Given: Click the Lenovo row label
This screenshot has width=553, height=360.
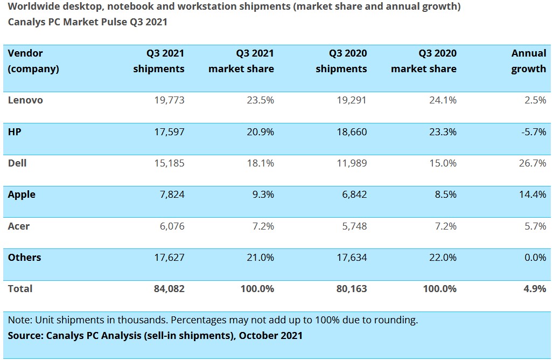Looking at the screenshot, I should (25, 100).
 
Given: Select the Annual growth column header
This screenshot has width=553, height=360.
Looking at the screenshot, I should (528, 61).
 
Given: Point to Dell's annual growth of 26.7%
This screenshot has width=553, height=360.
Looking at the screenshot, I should (532, 163).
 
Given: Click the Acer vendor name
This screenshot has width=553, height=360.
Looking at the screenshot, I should (19, 226).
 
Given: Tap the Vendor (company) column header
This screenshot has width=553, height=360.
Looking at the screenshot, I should (33, 61).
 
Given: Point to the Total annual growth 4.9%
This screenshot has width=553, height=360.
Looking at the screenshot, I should (535, 288).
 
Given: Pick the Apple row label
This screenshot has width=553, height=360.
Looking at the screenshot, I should (22, 194).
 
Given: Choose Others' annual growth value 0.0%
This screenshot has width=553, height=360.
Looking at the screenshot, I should (535, 257).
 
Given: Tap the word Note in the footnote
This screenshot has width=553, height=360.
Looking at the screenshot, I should (19, 320).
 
